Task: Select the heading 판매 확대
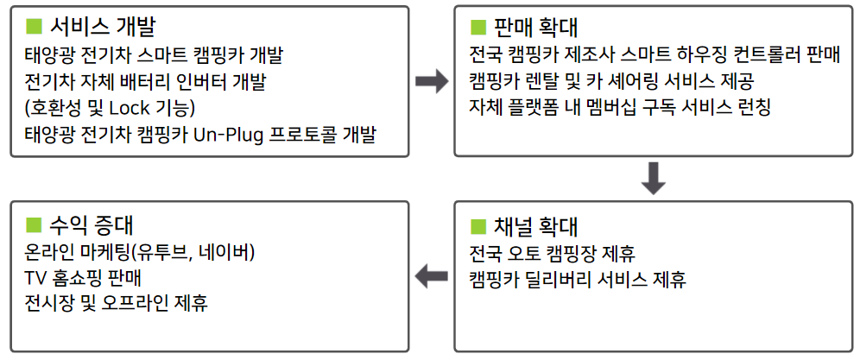point(535,27)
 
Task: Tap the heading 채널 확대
point(535,227)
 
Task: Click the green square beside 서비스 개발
point(35,26)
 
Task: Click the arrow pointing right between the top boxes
point(432,82)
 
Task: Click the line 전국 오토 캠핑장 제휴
point(553,255)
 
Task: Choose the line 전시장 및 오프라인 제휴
point(117,304)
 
